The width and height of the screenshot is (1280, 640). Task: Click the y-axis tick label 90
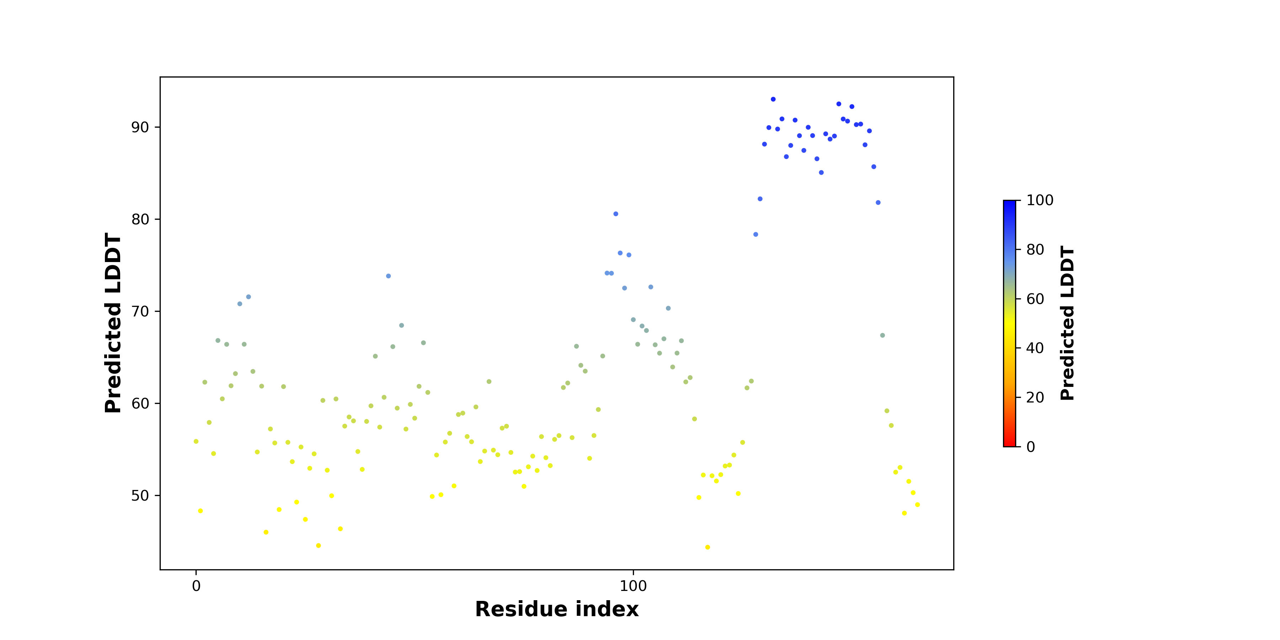[x=140, y=127]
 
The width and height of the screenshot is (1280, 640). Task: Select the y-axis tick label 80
[x=140, y=219]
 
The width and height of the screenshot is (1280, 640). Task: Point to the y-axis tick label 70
[x=140, y=311]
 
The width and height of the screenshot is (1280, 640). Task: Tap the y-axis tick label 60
[x=140, y=404]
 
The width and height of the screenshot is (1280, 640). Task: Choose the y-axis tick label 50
[x=140, y=495]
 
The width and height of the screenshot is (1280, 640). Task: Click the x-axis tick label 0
[x=196, y=586]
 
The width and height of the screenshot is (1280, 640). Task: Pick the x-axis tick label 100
[x=633, y=586]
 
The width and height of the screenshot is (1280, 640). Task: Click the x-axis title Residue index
[x=556, y=609]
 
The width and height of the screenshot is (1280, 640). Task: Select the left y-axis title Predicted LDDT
[x=113, y=323]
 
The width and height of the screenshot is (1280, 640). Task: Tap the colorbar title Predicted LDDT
[x=1067, y=323]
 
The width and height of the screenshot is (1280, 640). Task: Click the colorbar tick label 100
[x=1040, y=200]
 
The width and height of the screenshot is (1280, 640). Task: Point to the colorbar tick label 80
[x=1035, y=250]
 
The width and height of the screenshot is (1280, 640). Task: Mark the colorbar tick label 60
[x=1035, y=299]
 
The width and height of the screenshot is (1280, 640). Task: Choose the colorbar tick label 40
[x=1035, y=348]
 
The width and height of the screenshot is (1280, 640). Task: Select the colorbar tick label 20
[x=1035, y=397]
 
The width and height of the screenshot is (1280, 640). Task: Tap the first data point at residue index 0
[x=196, y=441]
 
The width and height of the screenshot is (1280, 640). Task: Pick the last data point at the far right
[x=917, y=504]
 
